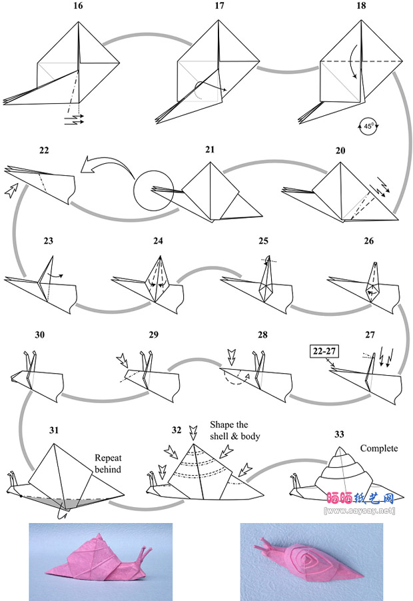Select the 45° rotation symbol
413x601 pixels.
365,125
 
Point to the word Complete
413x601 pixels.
379,448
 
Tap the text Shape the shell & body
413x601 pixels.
234,430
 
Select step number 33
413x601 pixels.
339,434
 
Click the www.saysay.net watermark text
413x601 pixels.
359,511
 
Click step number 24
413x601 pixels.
158,241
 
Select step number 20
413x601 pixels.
340,151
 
